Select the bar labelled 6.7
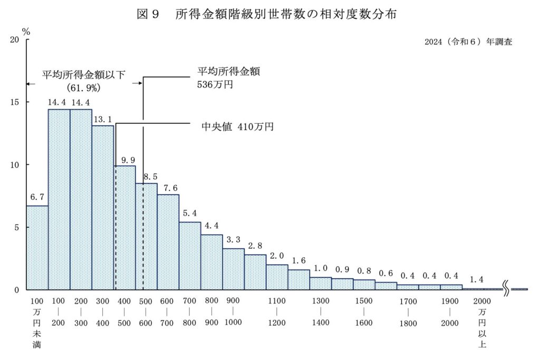point(37,248)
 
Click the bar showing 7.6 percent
point(168,242)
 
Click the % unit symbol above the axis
point(26,32)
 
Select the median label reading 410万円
point(238,127)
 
